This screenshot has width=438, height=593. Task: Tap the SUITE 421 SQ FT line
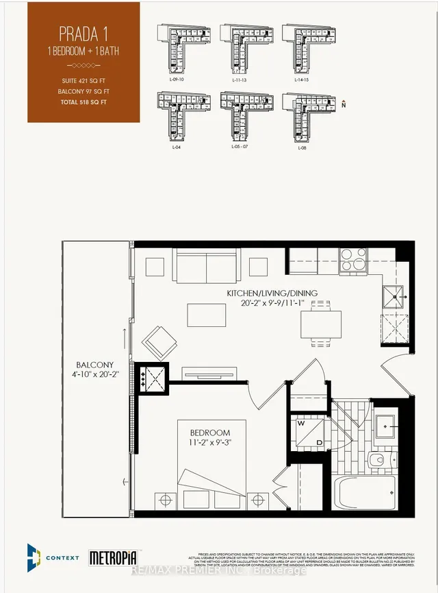point(83,82)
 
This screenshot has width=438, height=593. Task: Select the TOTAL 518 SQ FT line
point(83,102)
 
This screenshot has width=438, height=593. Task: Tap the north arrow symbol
point(344,104)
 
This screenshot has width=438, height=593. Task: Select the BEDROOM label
point(211,433)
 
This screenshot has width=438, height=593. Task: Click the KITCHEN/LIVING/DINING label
point(272,293)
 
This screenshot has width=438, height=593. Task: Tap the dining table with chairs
point(321,324)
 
